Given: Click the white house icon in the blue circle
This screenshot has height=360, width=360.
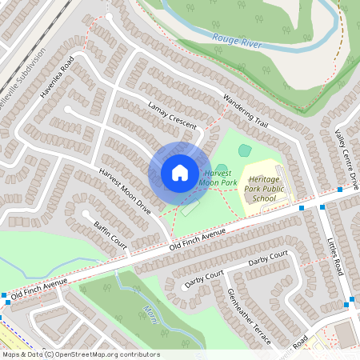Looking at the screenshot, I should click(180, 172).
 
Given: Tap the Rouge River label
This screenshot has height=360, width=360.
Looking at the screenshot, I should click(237, 41).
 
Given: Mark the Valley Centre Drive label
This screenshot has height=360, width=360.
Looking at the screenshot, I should click(349, 160).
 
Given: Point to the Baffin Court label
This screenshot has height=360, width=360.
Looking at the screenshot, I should click(110, 234).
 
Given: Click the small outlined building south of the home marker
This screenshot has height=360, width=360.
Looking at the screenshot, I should click(190, 210).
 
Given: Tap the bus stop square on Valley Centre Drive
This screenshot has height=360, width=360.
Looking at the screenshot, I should click(340, 190).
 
